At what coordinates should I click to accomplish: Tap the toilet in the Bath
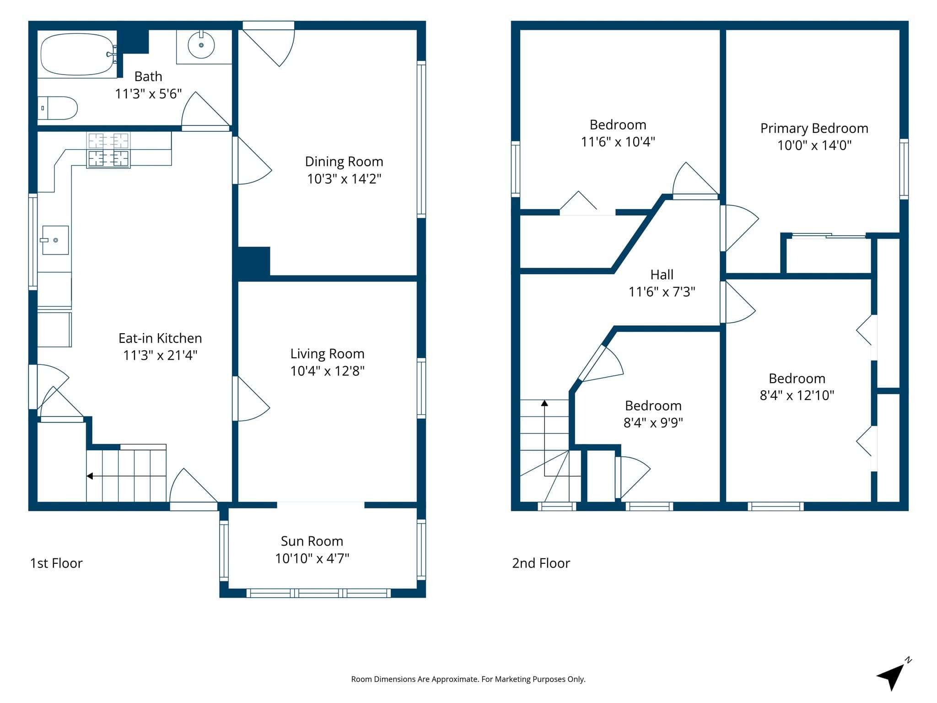click(x=57, y=108)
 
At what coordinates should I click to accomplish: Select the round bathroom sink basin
click(x=201, y=45)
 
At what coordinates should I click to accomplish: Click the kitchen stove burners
click(x=108, y=150)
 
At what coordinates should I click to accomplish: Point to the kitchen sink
click(x=55, y=240)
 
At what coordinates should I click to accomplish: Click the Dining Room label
click(x=344, y=162)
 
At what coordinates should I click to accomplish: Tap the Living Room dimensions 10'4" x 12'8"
click(x=328, y=371)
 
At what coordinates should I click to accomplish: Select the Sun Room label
click(x=312, y=541)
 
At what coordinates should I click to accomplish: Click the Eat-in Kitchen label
click(x=160, y=338)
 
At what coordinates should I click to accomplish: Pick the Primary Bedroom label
click(x=814, y=129)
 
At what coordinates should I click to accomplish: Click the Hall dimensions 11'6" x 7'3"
click(x=662, y=292)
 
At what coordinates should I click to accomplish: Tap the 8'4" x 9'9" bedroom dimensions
click(x=653, y=422)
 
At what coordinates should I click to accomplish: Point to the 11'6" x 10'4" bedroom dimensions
click(x=618, y=142)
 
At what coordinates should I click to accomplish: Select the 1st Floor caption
click(x=56, y=563)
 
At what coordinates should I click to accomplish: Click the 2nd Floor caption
click(x=541, y=563)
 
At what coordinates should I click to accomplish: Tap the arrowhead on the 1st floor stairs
click(x=90, y=476)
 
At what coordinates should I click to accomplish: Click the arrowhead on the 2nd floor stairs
click(x=544, y=403)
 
